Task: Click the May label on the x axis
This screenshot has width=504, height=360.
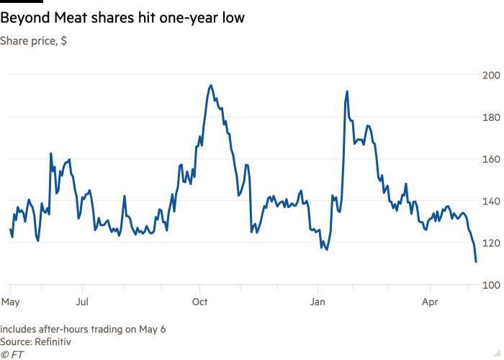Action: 10,301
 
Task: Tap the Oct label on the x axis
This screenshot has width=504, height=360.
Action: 199,301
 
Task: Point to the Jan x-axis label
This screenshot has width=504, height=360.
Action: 318,301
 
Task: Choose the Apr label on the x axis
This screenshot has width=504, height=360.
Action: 430,301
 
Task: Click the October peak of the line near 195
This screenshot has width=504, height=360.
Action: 210,85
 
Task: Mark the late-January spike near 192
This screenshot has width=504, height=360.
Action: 347,91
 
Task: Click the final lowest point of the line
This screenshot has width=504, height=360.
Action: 476,261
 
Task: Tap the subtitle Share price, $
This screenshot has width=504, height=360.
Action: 34,41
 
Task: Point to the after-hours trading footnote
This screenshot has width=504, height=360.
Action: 83,329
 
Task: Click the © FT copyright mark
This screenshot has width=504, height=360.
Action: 12,354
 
